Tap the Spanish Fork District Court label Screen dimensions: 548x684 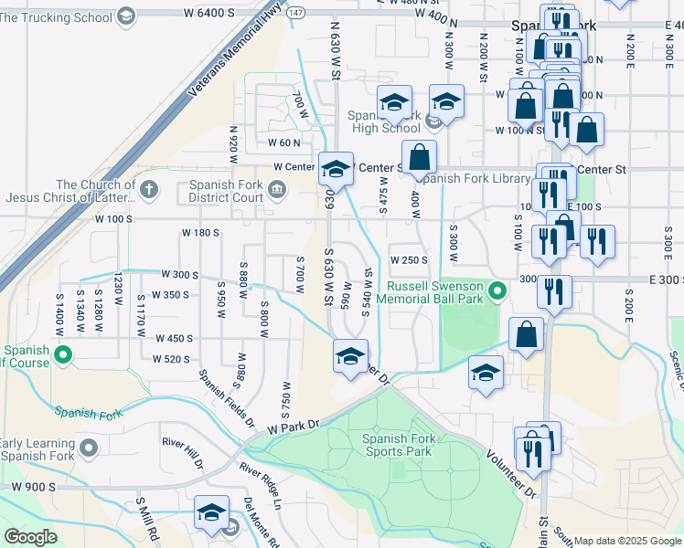point(226,190)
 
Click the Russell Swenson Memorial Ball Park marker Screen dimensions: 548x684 point(497,291)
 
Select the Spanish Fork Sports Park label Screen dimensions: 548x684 point(398,445)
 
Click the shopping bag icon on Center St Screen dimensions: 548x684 point(419,157)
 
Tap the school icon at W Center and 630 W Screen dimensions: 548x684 point(336,168)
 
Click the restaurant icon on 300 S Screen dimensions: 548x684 point(554,291)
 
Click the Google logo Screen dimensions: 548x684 point(31,537)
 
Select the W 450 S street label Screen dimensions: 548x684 point(175,338)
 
